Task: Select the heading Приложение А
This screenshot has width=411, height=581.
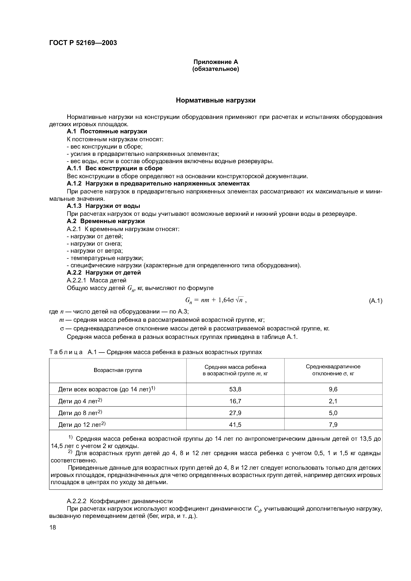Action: point(216,62)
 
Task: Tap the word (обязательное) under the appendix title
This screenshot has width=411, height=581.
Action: point(216,69)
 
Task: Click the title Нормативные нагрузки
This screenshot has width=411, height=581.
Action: point(216,101)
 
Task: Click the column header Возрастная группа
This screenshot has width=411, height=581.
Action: point(118,370)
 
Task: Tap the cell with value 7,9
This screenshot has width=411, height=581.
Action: point(333,425)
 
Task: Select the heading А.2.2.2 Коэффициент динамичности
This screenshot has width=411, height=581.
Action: point(120,501)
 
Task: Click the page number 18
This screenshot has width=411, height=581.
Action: point(53,527)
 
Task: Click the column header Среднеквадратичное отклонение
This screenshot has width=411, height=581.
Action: point(333,370)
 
